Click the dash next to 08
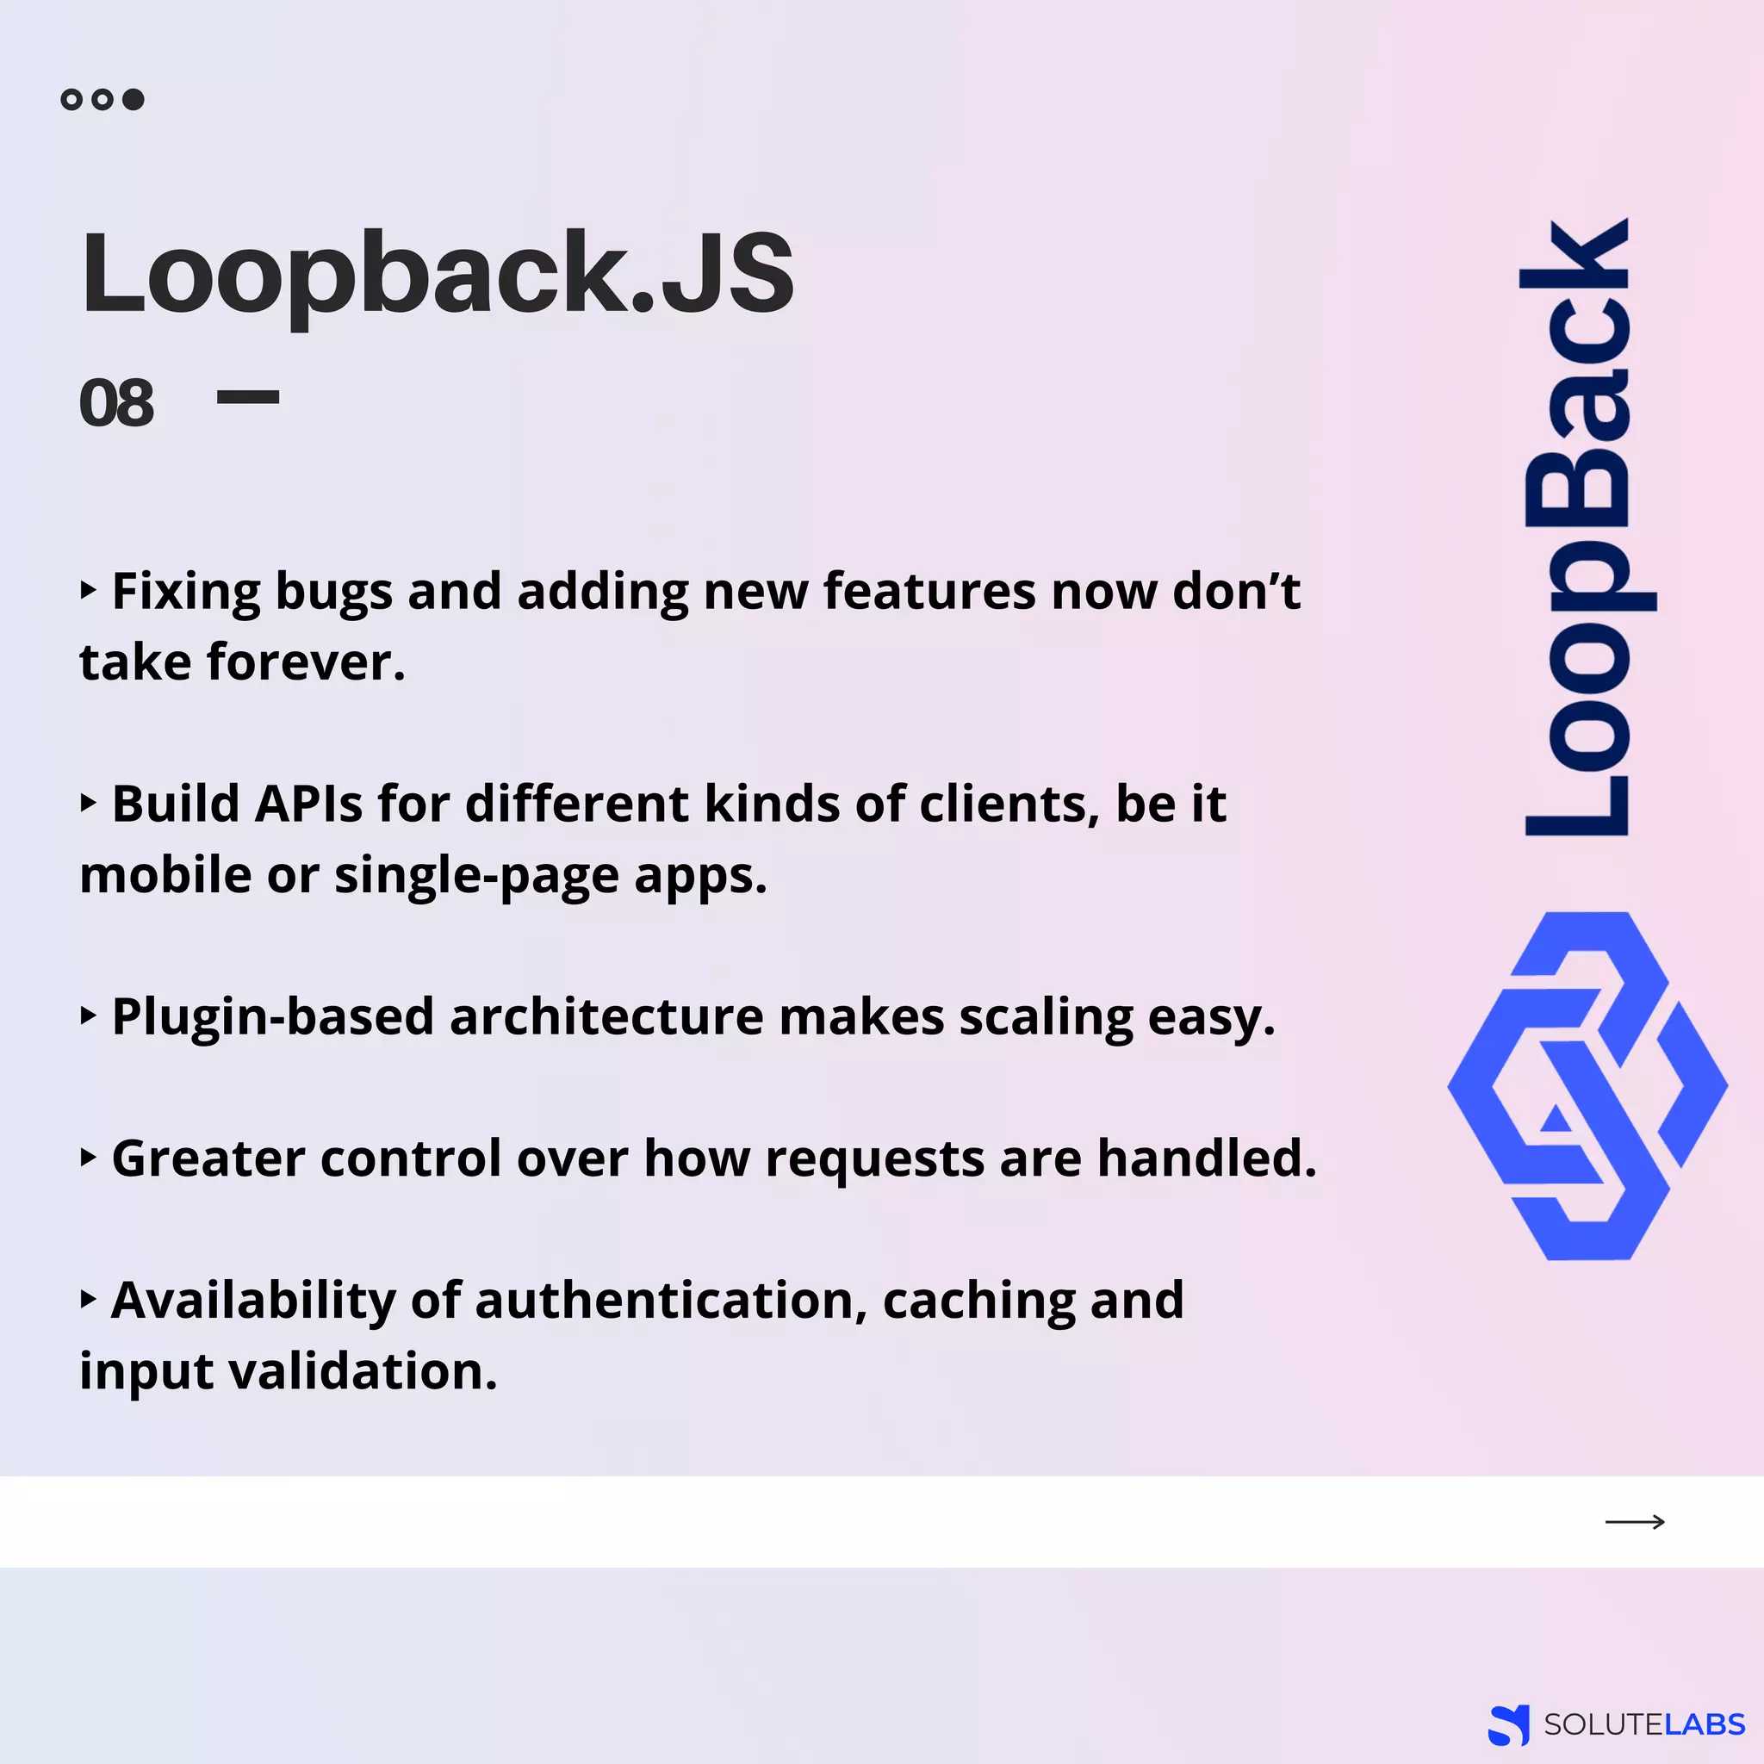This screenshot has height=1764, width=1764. [x=247, y=397]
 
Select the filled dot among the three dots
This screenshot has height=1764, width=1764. [x=134, y=100]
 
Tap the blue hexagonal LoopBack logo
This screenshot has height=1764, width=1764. [x=1587, y=1085]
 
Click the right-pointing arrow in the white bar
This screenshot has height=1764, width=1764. [x=1634, y=1521]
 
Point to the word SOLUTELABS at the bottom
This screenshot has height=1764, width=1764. [x=1643, y=1724]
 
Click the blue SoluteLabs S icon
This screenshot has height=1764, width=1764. [x=1508, y=1724]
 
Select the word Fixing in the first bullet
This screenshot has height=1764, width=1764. [x=186, y=592]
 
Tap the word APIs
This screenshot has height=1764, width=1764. [x=307, y=804]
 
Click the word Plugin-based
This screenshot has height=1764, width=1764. [x=272, y=1017]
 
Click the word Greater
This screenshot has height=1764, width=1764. [x=208, y=1158]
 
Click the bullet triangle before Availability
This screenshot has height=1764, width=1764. [x=89, y=1298]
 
